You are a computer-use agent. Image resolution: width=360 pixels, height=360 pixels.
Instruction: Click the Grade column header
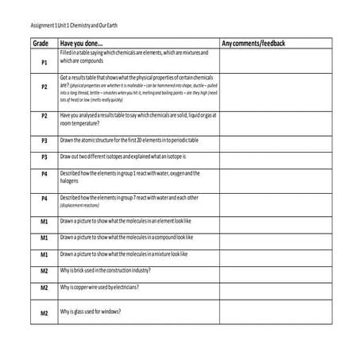pyautogui.click(x=41, y=42)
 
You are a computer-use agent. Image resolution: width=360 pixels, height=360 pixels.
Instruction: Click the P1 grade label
pyautogui.click(x=45, y=61)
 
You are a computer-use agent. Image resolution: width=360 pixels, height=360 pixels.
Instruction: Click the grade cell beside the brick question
pyautogui.click(x=45, y=271)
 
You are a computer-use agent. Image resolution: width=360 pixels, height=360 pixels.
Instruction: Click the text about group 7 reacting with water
pyautogui.click(x=129, y=196)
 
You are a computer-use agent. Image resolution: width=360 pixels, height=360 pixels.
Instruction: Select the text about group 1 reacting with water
pyautogui.click(x=130, y=172)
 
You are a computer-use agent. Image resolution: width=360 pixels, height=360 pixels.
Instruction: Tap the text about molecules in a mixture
pyautogui.click(x=123, y=254)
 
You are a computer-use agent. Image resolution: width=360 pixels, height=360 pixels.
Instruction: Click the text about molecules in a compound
pyautogui.click(x=126, y=237)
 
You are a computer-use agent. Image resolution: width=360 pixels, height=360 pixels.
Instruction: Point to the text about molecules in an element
pyautogui.click(x=125, y=219)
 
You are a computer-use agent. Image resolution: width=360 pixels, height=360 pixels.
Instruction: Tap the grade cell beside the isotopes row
pyautogui.click(x=45, y=157)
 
